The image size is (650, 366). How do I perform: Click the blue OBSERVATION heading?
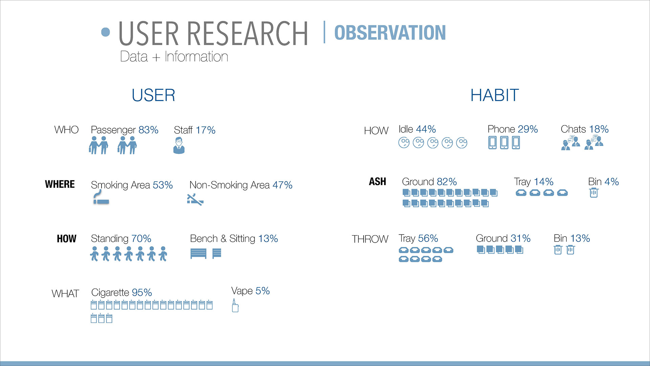tap(390, 33)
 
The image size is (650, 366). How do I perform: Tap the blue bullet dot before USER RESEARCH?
tap(106, 32)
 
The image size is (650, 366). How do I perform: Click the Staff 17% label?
tap(195, 130)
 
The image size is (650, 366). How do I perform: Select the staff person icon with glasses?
tap(179, 145)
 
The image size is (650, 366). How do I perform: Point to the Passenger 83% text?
tap(125, 130)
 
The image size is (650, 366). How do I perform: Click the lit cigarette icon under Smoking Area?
tap(101, 197)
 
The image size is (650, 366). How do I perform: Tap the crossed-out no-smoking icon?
tap(195, 200)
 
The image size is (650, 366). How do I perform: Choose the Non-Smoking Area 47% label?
tap(241, 185)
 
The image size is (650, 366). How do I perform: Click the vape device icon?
tap(235, 305)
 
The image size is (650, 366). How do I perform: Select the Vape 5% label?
tap(251, 291)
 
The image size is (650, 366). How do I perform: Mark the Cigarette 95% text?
tap(122, 292)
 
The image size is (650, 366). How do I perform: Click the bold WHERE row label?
tap(60, 184)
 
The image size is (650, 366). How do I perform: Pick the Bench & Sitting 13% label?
tap(234, 239)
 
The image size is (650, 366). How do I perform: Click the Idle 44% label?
tap(417, 129)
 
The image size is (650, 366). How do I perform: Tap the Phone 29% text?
tap(513, 129)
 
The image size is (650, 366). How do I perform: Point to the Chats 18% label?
tap(585, 129)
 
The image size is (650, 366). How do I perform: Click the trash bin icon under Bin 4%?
tap(594, 193)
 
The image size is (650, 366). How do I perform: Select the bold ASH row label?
tap(377, 182)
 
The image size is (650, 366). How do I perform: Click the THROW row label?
tap(370, 239)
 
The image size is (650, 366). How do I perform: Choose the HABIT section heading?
tap(495, 95)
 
